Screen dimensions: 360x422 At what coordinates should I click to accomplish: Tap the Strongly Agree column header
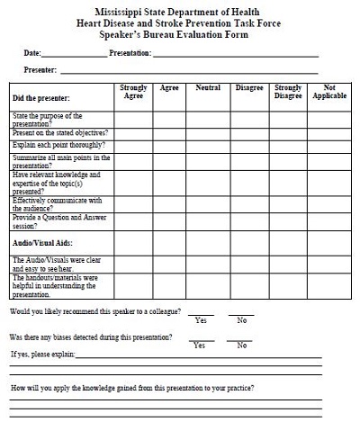[133, 92]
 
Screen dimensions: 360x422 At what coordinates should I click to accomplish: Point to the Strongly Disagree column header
[287, 92]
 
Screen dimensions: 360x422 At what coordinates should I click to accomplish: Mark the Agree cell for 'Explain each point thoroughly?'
[169, 145]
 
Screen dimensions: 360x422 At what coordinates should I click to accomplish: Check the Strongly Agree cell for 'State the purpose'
[133, 120]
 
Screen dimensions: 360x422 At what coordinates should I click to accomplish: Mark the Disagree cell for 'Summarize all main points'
[249, 160]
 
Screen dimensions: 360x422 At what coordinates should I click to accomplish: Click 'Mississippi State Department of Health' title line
[179, 8]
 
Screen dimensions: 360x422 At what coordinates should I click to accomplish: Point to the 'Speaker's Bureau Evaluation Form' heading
[179, 31]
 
